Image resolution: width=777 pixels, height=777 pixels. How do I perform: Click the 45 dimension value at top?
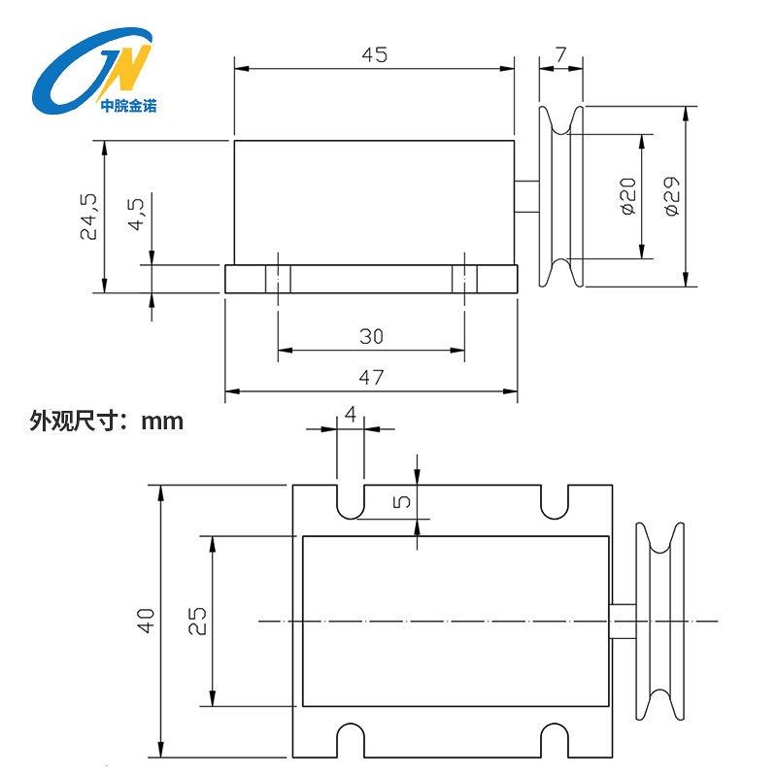coord(374,55)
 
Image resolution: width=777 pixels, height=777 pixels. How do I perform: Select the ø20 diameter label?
coord(626,196)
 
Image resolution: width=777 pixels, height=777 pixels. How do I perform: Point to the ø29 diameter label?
coord(672,196)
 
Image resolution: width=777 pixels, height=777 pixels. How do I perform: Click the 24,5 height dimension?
coord(88,216)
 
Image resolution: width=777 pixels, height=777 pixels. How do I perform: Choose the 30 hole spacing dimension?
coord(371,337)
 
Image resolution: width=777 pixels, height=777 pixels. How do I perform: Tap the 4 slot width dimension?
coord(351,414)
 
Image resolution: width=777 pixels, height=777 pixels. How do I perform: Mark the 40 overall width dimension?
coord(146,620)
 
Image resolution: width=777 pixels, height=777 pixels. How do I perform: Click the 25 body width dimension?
coord(197,620)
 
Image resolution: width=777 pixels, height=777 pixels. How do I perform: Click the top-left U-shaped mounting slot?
coord(351,500)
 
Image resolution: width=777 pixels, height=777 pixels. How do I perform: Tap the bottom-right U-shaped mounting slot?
coord(555,740)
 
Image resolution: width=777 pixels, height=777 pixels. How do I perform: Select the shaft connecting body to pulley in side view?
coord(527,196)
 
